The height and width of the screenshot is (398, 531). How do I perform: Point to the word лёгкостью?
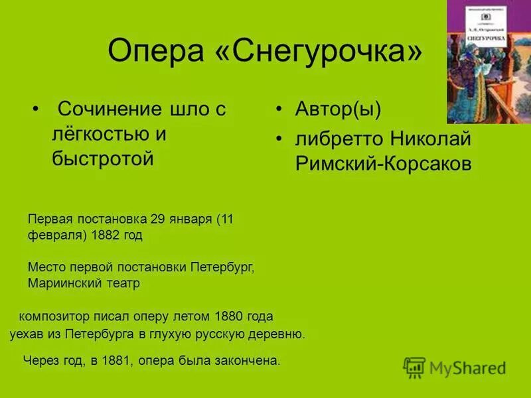tap(100, 134)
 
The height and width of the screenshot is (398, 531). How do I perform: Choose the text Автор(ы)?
tap(339, 109)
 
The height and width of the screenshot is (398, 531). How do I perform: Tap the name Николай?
tap(430, 140)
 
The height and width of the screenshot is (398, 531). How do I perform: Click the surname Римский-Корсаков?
tap(384, 165)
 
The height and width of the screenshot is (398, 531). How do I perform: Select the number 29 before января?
tap(157, 219)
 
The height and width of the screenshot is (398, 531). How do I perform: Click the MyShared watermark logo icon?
tap(414, 367)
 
